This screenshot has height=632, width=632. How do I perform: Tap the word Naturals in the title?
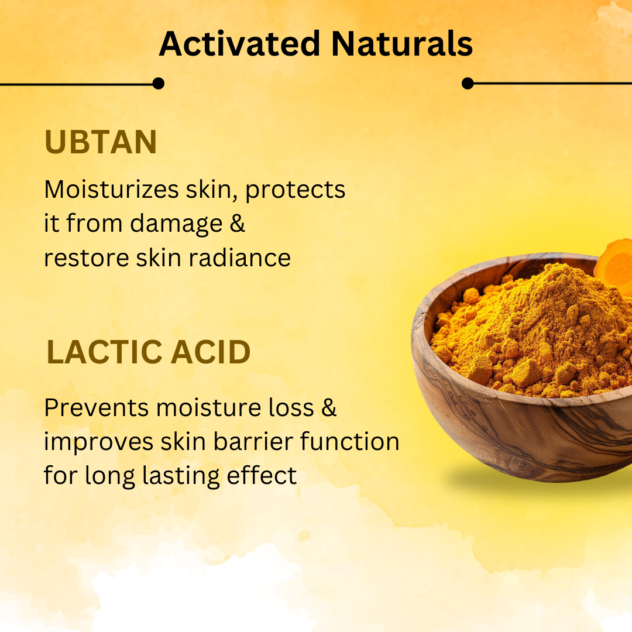click(401, 43)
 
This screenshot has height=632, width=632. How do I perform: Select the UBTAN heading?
click(101, 142)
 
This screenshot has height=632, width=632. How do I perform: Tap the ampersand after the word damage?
click(237, 224)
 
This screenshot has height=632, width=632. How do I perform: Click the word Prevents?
click(96, 408)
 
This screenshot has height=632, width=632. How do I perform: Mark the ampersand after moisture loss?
click(329, 408)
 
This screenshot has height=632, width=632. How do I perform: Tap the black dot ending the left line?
click(158, 84)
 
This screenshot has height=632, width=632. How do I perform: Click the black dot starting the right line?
click(468, 84)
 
